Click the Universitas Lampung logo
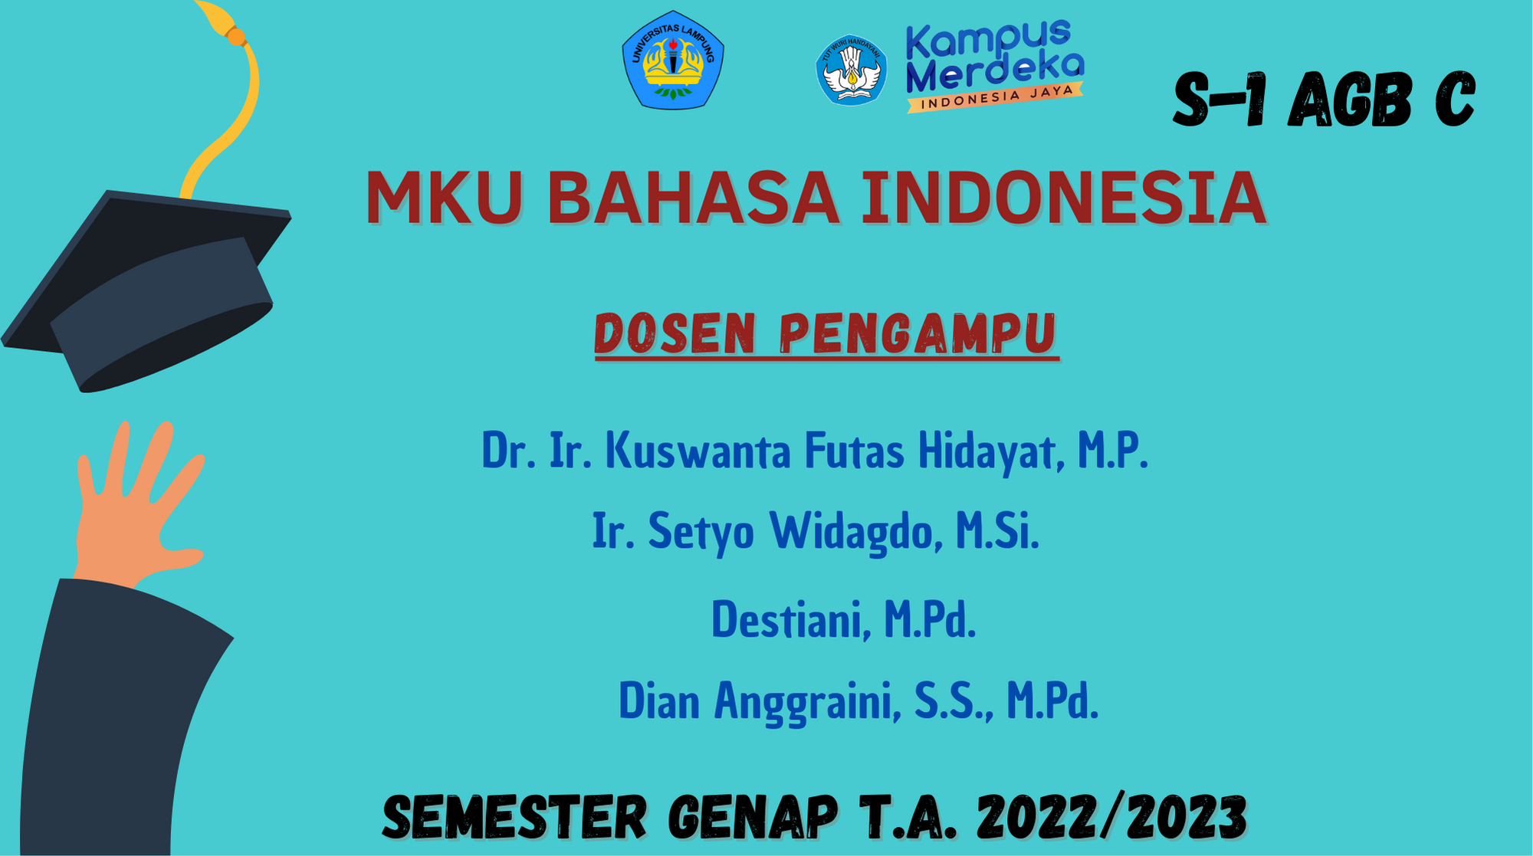tap(673, 60)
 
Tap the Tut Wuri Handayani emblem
tap(852, 70)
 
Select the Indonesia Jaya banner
tap(995, 97)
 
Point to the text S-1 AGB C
tap(1324, 100)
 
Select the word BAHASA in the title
tap(693, 198)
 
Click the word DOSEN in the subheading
tap(675, 333)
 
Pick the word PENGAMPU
tap(918, 333)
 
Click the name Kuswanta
tap(698, 451)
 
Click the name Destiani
tap(792, 619)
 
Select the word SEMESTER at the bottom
tap(514, 817)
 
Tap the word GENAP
tap(753, 817)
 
